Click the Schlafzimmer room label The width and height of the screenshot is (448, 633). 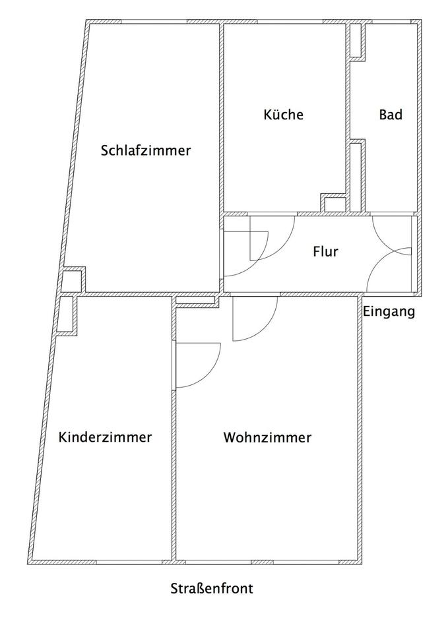coord(146,150)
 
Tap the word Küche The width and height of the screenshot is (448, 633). coord(283,115)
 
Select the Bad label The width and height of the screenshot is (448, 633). coord(391,115)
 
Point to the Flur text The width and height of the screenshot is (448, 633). coord(325,251)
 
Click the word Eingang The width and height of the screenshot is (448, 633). coord(389,312)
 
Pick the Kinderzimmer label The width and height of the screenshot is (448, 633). coord(105,437)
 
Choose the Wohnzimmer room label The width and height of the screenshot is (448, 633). coord(267,437)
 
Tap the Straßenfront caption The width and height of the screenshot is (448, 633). coord(211,589)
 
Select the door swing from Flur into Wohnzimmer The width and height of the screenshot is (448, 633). coord(255,319)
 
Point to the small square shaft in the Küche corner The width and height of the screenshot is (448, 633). coord(335,204)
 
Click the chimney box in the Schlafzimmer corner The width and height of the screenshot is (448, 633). coord(72,280)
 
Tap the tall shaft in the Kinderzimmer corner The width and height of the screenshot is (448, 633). coord(66,315)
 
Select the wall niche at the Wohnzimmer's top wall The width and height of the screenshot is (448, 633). coord(197,301)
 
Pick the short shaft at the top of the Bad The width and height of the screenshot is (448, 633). coord(356,41)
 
